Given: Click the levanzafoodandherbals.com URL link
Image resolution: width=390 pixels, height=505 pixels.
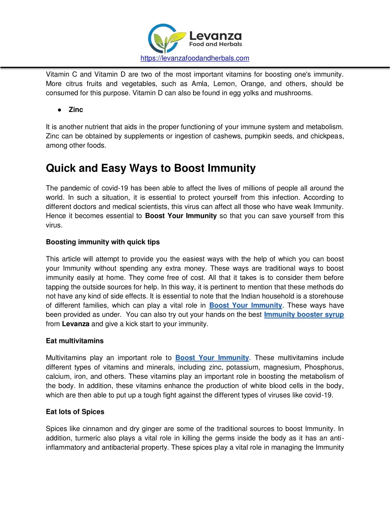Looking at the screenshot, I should [195, 58].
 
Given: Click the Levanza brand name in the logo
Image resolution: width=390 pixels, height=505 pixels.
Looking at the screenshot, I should [215, 36].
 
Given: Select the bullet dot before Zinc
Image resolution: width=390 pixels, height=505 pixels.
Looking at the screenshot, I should [60, 110].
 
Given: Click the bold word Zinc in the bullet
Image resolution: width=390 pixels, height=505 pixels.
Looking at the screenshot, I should [76, 110].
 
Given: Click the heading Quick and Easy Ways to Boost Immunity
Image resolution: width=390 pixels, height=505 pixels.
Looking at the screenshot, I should [151, 168].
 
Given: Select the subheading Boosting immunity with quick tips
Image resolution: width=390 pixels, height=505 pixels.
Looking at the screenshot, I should [103, 242].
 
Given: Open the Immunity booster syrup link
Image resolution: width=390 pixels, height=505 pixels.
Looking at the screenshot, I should [304, 315].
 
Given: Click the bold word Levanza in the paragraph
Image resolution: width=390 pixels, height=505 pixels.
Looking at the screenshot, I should [76, 324].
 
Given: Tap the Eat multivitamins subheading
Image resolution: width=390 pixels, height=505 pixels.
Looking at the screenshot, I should [75, 341].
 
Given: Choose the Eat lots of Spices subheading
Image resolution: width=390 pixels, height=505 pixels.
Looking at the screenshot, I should [75, 412].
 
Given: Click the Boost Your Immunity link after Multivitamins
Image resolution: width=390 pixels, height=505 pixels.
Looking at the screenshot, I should [212, 358].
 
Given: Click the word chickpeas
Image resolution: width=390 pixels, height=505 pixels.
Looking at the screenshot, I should [327, 136].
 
